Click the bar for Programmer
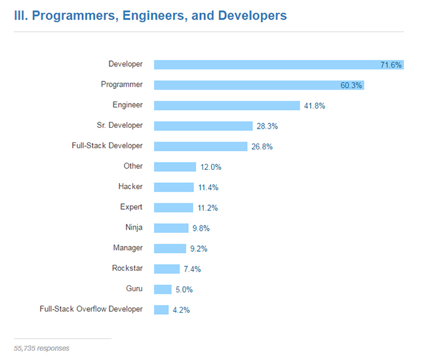coord(259,85)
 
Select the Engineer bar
coord(227,106)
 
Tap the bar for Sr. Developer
coord(203,126)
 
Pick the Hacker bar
coord(174,188)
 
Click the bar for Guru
coord(163,289)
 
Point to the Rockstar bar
coord(166,269)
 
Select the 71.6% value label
coord(391,65)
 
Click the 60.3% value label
coord(351,85)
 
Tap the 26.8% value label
coord(262,147)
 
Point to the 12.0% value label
coord(211,167)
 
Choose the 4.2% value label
coord(180,310)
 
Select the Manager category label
coord(127,248)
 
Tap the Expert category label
coord(131,207)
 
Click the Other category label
coord(133,166)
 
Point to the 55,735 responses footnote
coord(41,348)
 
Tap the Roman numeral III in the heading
coord(20,15)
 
